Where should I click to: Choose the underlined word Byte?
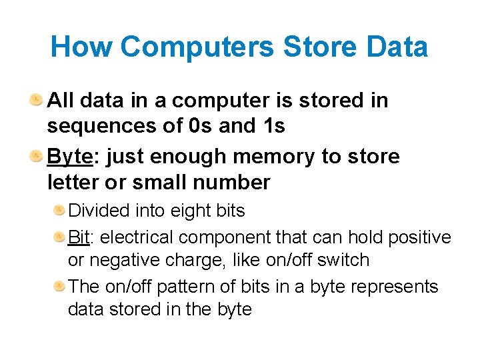[x=69, y=157]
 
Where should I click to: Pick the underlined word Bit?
[x=79, y=237]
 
